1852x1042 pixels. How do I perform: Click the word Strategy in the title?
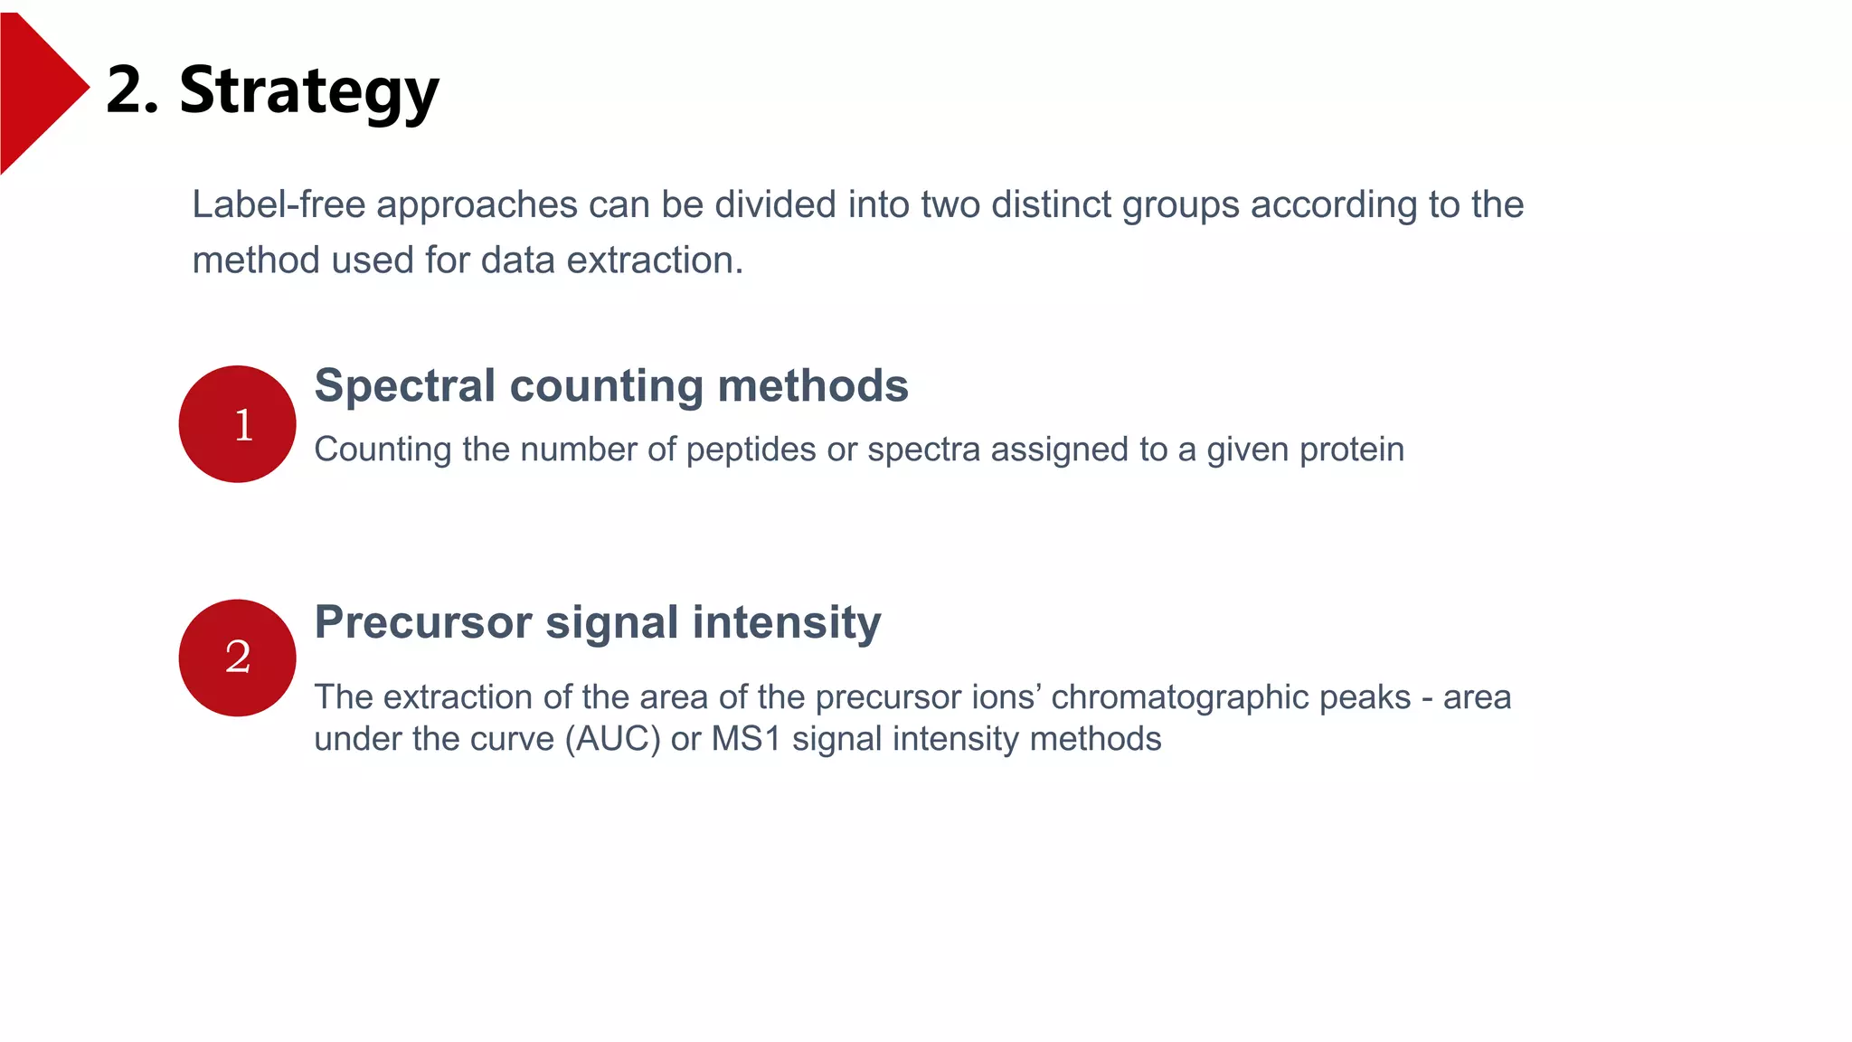tap(308, 91)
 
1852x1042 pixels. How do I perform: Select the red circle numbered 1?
tap(237, 424)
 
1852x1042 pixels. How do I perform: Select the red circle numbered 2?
tap(237, 658)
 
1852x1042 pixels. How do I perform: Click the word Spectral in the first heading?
tap(404, 387)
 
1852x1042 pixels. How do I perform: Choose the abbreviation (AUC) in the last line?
tap(613, 739)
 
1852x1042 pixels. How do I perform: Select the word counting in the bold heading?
tap(606, 387)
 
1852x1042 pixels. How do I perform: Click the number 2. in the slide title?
tap(132, 91)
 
